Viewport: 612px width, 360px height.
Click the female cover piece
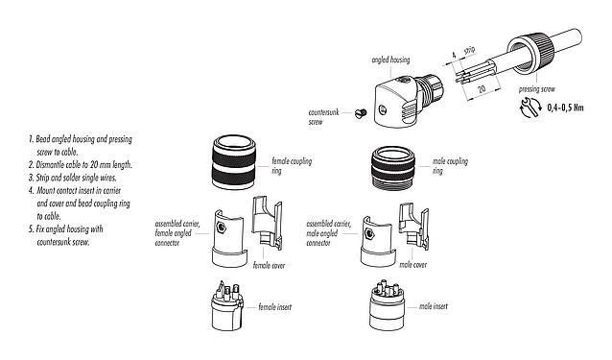click(266, 230)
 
